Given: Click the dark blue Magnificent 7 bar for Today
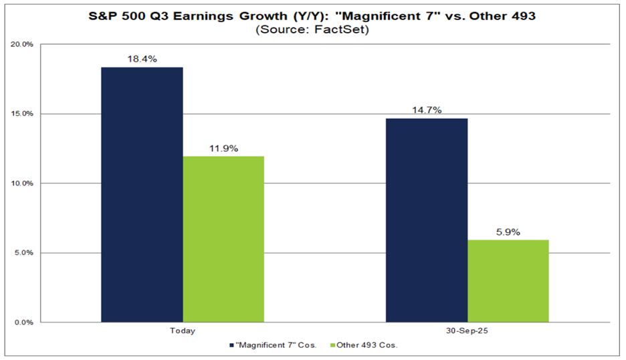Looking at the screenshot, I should coord(142,194).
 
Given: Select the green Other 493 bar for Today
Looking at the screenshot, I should coord(223,239).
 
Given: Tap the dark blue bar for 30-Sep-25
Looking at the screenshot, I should coord(427,220).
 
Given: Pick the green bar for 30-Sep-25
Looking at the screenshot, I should coord(508,281).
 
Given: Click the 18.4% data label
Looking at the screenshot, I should coord(142,60).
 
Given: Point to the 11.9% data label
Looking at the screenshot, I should coord(223,149).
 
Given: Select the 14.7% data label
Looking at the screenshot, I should coord(427,110).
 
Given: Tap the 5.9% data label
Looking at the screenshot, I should coord(508,233).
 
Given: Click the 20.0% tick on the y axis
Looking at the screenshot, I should coord(23,45).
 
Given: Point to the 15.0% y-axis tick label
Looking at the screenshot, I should coord(23,114).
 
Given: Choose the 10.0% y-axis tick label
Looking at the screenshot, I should coord(23,183).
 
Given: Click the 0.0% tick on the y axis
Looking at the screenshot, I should coord(25,323).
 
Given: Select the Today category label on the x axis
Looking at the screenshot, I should coord(183,331).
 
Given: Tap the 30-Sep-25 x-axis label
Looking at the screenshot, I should coord(467,331).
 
